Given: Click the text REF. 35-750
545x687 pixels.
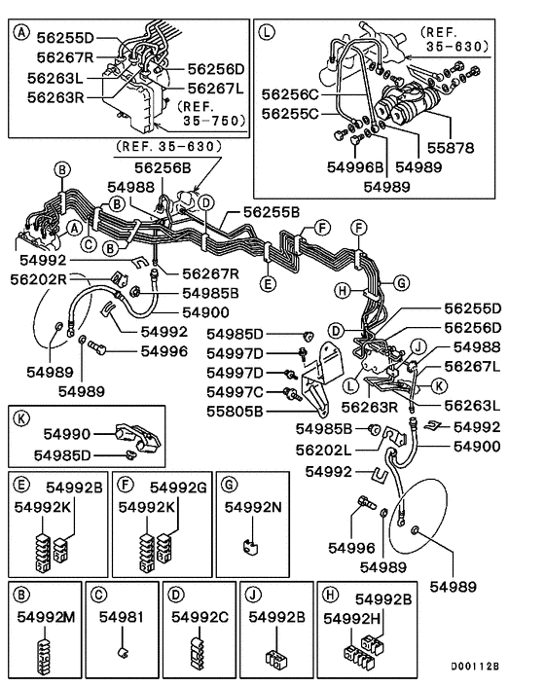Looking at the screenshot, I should (x=206, y=113).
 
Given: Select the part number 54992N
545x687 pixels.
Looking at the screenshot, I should (x=256, y=507).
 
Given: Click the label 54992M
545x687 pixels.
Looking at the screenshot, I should (x=45, y=616).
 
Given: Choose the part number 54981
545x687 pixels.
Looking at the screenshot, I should (x=119, y=616).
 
